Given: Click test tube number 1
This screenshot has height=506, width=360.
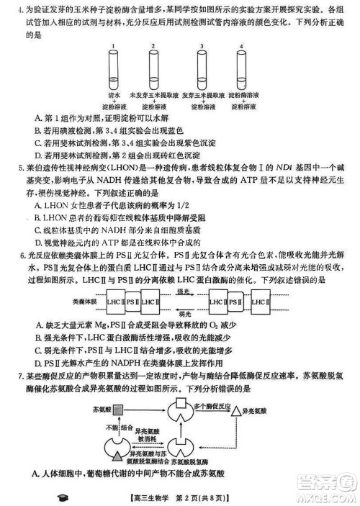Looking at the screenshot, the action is (x=113, y=70).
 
